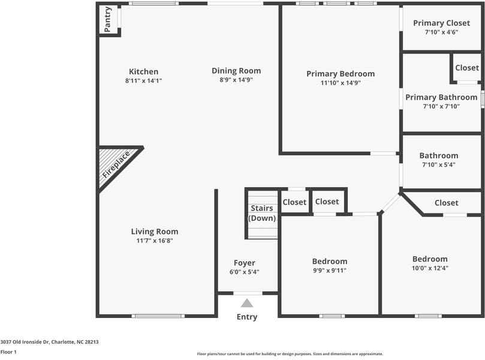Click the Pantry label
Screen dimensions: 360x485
tap(108, 19)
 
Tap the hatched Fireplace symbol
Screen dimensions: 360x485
tap(115, 167)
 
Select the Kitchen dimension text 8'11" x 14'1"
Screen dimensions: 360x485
tap(144, 80)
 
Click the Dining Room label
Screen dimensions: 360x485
tap(236, 71)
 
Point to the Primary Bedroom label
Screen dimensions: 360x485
tap(341, 74)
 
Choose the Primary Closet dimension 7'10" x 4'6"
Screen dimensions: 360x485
tap(441, 32)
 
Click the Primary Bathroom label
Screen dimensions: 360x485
tap(441, 97)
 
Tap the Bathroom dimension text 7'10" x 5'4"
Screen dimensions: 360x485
tap(438, 164)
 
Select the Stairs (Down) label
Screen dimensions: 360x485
tap(262, 213)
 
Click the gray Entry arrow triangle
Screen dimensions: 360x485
tap(247, 304)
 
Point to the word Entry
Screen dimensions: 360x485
tap(247, 317)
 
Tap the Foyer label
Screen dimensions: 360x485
tap(245, 263)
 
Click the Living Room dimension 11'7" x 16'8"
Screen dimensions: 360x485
tap(155, 241)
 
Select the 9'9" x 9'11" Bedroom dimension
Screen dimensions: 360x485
tap(330, 271)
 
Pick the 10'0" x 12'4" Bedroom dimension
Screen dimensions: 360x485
tap(429, 268)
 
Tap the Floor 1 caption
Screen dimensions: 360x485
tap(8, 352)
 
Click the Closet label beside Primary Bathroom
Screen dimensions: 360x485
tap(467, 68)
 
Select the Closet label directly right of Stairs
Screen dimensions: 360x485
tap(294, 202)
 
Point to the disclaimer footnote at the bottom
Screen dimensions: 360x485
tap(290, 354)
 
